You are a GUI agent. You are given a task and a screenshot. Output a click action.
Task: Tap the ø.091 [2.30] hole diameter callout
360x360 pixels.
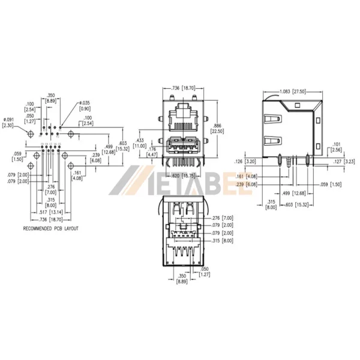click(8, 122)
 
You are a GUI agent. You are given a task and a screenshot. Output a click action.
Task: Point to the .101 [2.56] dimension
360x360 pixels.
click(336, 147)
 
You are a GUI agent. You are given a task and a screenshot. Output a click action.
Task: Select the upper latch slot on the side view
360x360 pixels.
click(273, 119)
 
